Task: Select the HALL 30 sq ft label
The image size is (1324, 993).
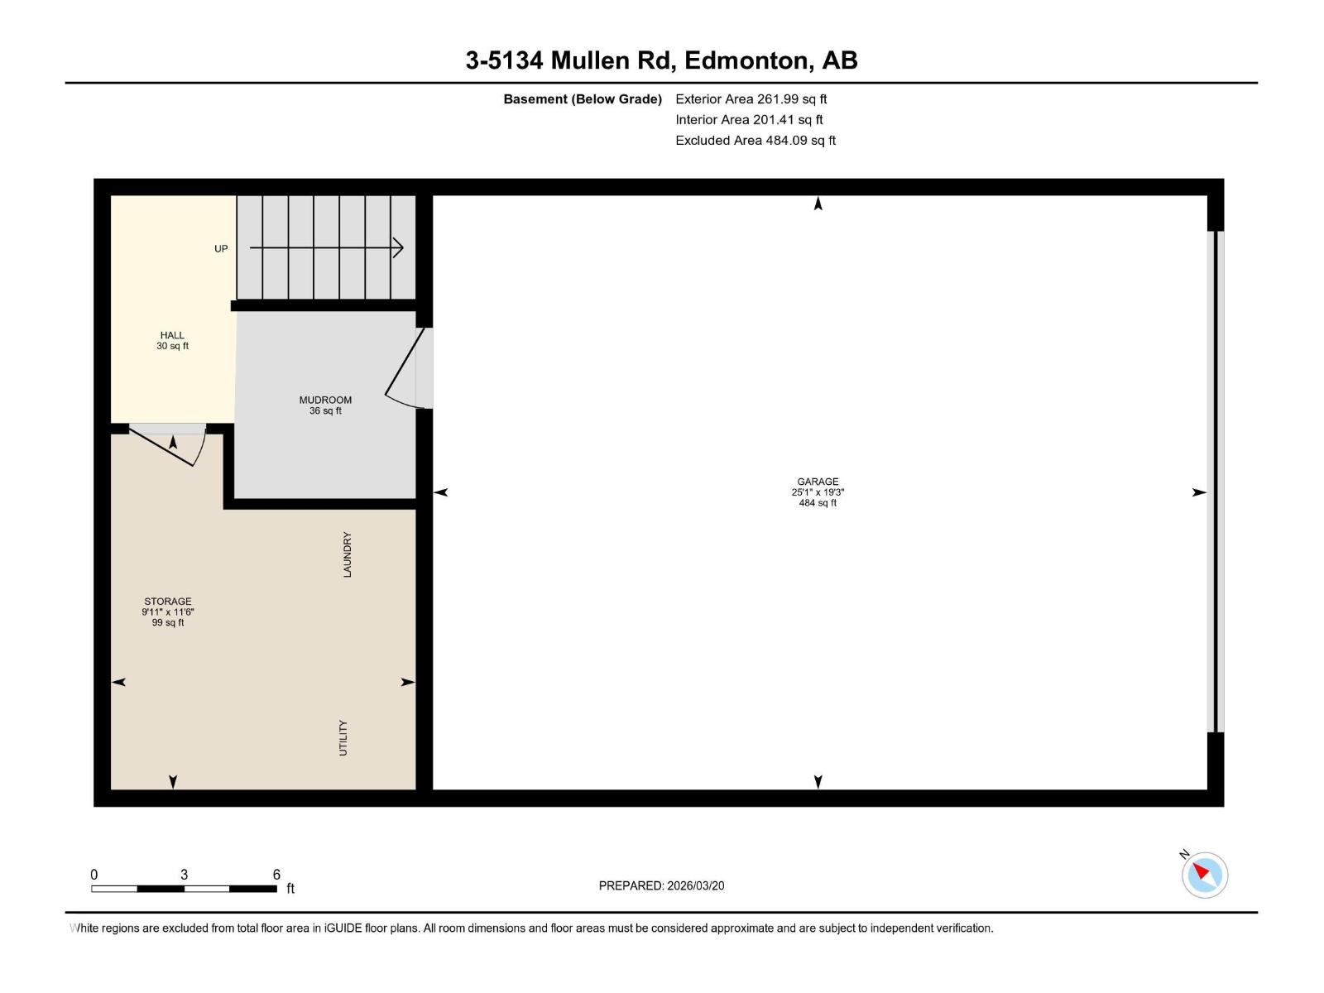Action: pyautogui.click(x=172, y=340)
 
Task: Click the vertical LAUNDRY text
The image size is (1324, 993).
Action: pyautogui.click(x=348, y=554)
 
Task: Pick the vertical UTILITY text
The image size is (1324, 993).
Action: pyautogui.click(x=343, y=737)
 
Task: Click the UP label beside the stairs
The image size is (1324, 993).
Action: pyautogui.click(x=221, y=248)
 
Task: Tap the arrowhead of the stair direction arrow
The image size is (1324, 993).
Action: pyautogui.click(x=398, y=247)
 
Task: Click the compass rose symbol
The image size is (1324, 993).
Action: pyautogui.click(x=1206, y=875)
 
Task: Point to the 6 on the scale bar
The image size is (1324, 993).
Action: pyautogui.click(x=276, y=874)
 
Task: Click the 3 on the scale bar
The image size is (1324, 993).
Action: pyautogui.click(x=184, y=874)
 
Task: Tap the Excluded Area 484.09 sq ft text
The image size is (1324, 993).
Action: pyautogui.click(x=755, y=141)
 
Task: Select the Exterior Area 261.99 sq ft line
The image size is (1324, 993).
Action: pyautogui.click(x=751, y=99)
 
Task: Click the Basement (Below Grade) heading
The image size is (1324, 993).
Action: pyautogui.click(x=583, y=99)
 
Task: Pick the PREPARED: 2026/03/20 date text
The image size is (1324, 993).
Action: pyautogui.click(x=661, y=885)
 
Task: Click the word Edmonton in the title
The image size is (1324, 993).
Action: pyautogui.click(x=746, y=60)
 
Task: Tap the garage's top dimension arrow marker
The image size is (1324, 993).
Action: pyautogui.click(x=818, y=204)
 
